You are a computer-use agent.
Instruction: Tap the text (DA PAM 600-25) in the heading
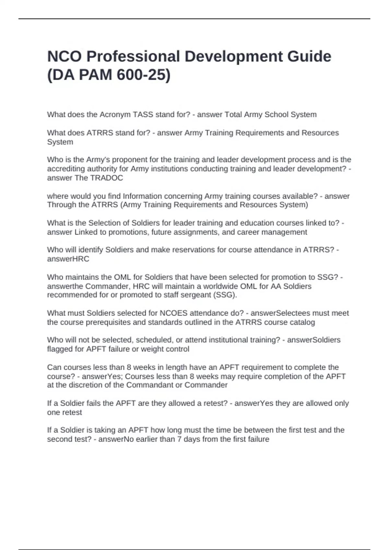[109, 75]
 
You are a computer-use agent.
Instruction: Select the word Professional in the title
[133, 56]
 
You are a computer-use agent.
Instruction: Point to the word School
[277, 115]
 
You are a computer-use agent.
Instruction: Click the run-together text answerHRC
[68, 259]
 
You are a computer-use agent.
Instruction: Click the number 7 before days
[179, 439]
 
